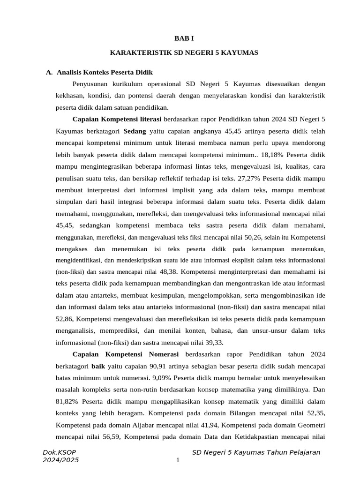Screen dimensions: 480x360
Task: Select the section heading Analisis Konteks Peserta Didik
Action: (x=104, y=72)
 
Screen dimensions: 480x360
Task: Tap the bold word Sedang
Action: (x=135, y=131)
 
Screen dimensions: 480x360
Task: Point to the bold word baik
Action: (x=98, y=366)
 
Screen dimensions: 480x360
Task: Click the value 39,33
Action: (x=206, y=342)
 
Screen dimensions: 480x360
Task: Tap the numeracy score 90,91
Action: (x=159, y=366)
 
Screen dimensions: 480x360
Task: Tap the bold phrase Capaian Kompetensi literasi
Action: (x=117, y=119)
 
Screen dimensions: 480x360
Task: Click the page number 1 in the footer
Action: (x=178, y=460)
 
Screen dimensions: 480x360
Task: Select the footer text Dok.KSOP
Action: (x=59, y=452)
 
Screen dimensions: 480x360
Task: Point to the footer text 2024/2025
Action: (x=60, y=460)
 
